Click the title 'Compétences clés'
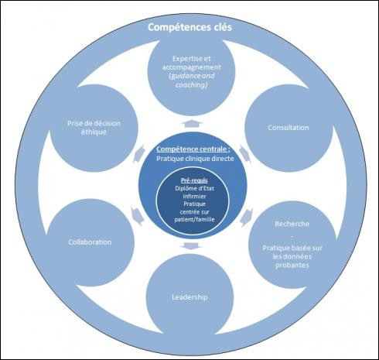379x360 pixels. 189,27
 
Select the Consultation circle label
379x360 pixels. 289,128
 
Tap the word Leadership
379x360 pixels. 189,297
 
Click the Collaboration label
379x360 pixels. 90,242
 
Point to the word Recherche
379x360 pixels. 292,224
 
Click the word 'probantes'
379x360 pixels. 292,266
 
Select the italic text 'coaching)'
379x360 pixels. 191,85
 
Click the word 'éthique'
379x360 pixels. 94,132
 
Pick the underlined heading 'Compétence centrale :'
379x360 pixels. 193,149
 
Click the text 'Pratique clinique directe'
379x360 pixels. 195,159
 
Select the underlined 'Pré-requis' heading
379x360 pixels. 194,180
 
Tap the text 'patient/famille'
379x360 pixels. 194,220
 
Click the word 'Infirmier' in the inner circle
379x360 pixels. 194,197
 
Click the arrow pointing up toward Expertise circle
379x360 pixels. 192,123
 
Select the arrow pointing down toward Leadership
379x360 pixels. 191,246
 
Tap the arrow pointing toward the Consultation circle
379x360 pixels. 245,154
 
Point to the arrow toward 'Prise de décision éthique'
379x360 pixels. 138,154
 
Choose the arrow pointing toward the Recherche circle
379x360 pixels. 247,218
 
